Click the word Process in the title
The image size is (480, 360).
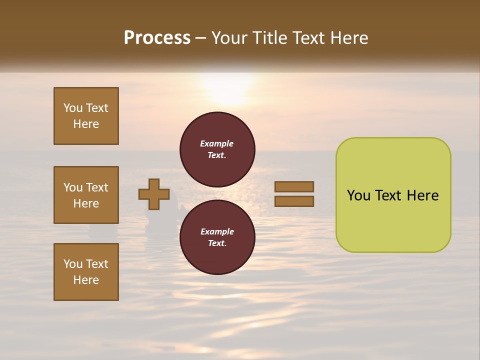pyautogui.click(x=157, y=38)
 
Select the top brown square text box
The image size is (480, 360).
pyautogui.click(x=86, y=116)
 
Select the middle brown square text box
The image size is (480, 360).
pyautogui.click(x=86, y=195)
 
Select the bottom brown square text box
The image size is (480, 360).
pyautogui.click(x=86, y=272)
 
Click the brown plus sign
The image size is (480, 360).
pyautogui.click(x=154, y=194)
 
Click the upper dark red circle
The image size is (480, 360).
pyautogui.click(x=217, y=149)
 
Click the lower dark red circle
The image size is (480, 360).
pyautogui.click(x=217, y=237)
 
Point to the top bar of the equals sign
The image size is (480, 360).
pyautogui.click(x=294, y=186)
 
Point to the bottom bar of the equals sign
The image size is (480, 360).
pyautogui.click(x=294, y=201)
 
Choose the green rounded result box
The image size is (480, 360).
pyautogui.click(x=393, y=194)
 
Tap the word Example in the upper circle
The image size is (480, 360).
pyautogui.click(x=217, y=143)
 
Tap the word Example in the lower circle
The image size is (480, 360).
pyautogui.click(x=217, y=231)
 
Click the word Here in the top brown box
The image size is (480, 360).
pyautogui.click(x=86, y=124)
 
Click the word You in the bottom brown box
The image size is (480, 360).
pyautogui.click(x=73, y=264)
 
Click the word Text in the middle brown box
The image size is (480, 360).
pyautogui.click(x=97, y=187)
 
